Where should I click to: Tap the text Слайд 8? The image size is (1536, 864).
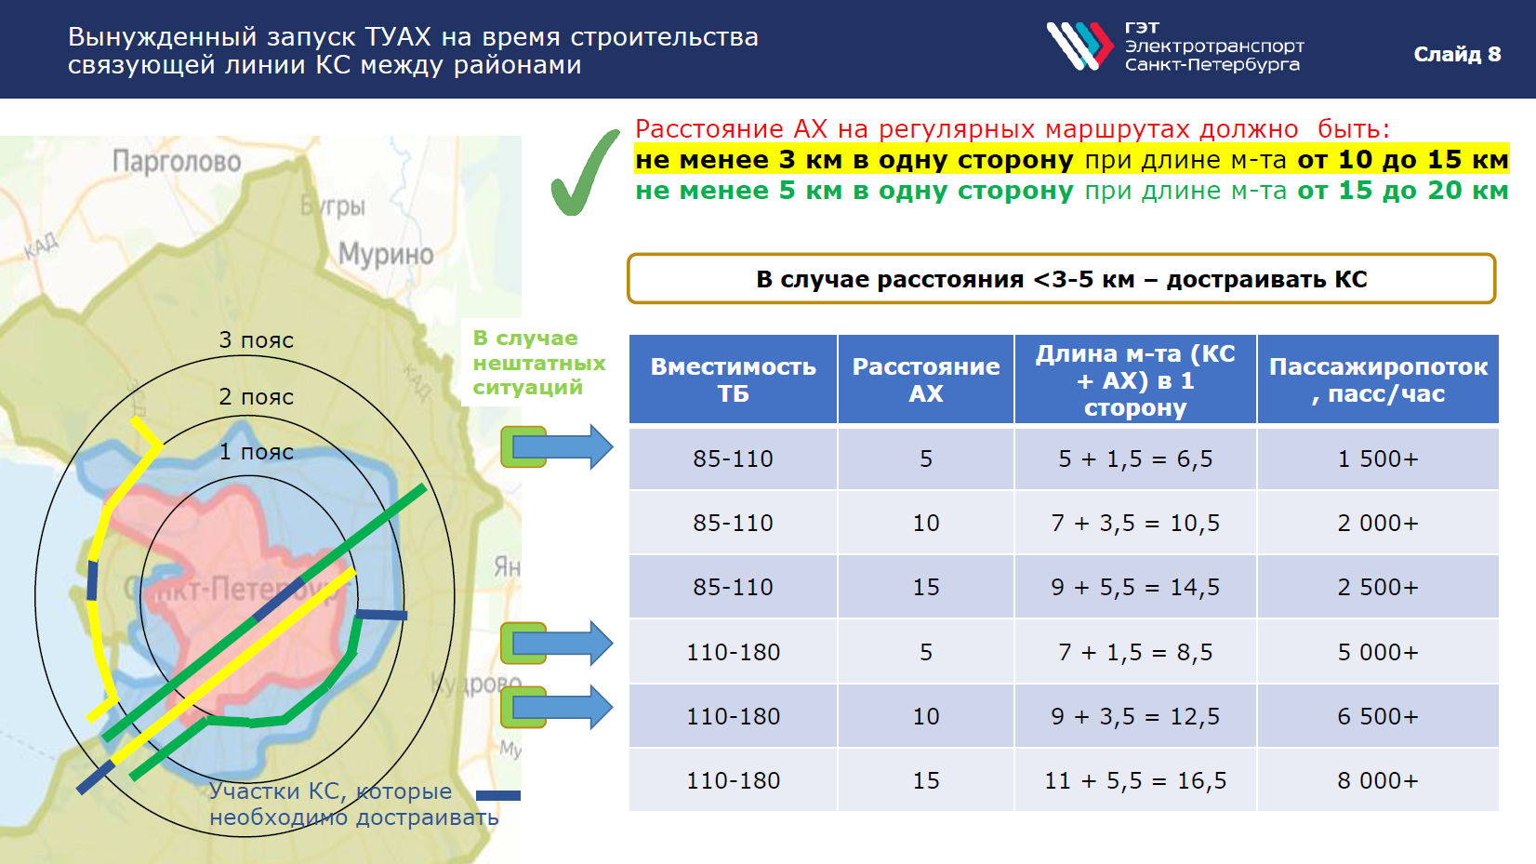coord(1457,54)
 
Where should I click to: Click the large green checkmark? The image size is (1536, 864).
coord(585,173)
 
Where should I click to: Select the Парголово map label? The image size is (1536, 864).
coord(177,162)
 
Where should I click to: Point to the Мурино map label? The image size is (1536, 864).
coord(386,255)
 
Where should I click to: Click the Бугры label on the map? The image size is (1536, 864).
coord(333,205)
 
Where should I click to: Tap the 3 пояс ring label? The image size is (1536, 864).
coord(256,340)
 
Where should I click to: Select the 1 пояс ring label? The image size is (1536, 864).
coord(256,452)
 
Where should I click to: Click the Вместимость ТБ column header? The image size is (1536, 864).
coord(733,379)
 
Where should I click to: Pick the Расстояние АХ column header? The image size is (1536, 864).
coord(926,379)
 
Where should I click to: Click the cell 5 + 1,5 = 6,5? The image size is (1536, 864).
coord(1135,459)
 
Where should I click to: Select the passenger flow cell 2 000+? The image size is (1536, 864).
coord(1378,524)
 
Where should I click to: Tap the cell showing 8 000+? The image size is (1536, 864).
coord(1378,780)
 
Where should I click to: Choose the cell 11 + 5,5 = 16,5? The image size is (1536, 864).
coord(1135,780)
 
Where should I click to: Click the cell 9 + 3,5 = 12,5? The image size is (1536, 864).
coord(1135,716)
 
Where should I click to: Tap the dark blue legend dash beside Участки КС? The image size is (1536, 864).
coord(498,795)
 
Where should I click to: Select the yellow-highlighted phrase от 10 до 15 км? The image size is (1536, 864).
coord(1403,160)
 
